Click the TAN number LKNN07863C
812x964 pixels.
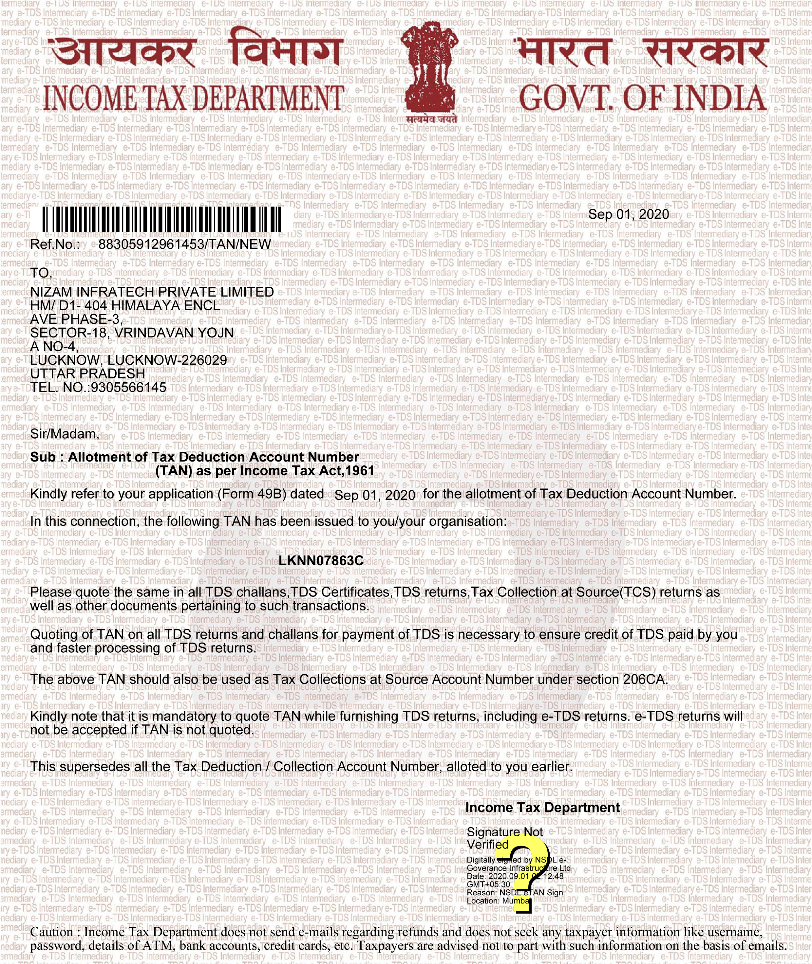(x=321, y=561)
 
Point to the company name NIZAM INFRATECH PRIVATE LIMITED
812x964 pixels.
(x=152, y=292)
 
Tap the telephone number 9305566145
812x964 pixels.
(x=128, y=387)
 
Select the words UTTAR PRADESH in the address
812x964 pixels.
(x=87, y=373)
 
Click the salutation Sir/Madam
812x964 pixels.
(x=65, y=434)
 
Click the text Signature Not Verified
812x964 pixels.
(x=504, y=838)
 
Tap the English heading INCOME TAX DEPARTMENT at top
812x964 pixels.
(x=193, y=98)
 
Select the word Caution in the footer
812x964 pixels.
(x=51, y=932)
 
